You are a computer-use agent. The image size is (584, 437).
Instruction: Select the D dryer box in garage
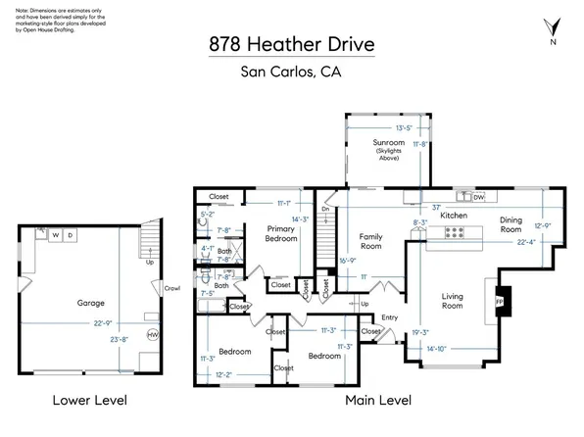71,236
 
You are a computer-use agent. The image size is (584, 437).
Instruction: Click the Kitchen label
452,215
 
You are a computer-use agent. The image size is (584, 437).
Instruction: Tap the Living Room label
453,301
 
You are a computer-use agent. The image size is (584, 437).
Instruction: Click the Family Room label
371,242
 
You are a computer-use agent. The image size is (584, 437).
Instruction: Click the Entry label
390,316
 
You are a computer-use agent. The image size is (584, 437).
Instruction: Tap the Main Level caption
378,401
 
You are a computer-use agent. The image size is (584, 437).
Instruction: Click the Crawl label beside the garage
172,288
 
